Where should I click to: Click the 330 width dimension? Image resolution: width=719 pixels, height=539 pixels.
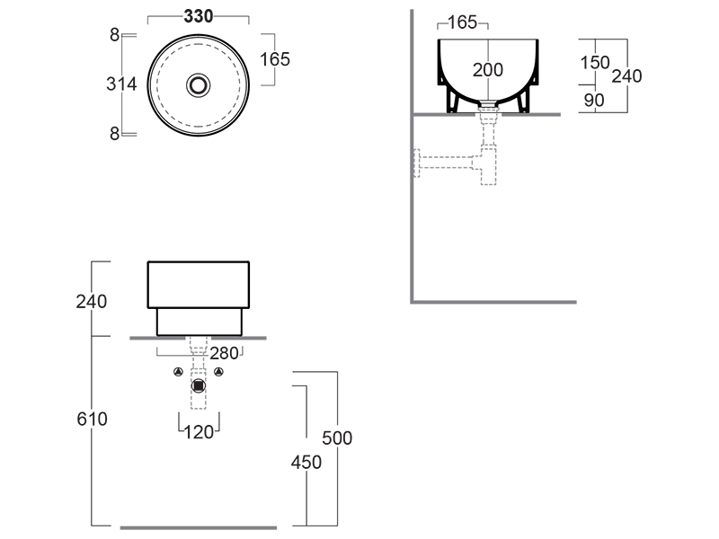click(x=198, y=16)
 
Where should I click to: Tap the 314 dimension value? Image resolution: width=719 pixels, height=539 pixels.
click(x=121, y=84)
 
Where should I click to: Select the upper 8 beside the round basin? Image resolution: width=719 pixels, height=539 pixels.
click(x=114, y=35)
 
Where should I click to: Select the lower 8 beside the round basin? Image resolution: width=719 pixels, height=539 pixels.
click(x=114, y=134)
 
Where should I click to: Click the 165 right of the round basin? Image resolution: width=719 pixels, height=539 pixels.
click(x=274, y=59)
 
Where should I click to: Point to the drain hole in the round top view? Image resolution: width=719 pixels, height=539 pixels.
click(x=198, y=84)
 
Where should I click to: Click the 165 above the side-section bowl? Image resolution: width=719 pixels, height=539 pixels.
click(x=462, y=22)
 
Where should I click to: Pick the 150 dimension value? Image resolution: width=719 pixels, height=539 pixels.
click(x=594, y=63)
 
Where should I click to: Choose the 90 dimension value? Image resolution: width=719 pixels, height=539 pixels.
click(x=594, y=101)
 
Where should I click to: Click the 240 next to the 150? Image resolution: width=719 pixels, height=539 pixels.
click(x=626, y=76)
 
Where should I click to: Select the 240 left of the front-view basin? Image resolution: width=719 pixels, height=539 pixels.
click(x=92, y=302)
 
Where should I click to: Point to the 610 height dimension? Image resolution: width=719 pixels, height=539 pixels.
click(x=92, y=419)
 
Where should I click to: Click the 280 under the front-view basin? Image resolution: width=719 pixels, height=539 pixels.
click(x=225, y=353)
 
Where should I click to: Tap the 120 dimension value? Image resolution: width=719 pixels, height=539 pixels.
click(x=199, y=432)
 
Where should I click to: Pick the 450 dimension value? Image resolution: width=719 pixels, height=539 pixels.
click(x=306, y=462)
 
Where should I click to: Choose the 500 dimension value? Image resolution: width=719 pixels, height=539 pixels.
click(x=337, y=438)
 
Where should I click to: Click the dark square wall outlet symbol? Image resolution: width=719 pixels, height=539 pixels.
click(x=199, y=386)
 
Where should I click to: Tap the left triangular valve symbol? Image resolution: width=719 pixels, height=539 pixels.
click(x=178, y=372)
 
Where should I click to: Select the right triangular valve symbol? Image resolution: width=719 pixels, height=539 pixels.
click(x=219, y=372)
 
